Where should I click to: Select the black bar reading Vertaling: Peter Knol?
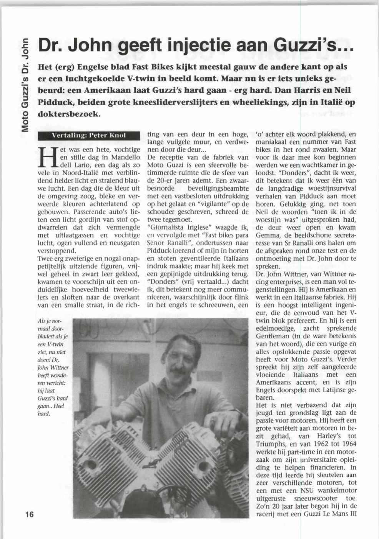[x=88, y=135]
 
